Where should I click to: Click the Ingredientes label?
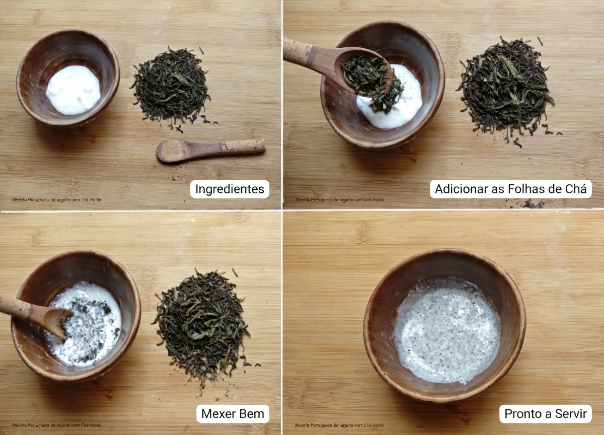(230, 189)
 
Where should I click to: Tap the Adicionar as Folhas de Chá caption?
(510, 189)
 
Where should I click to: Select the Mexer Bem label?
(233, 414)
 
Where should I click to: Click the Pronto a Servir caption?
(546, 414)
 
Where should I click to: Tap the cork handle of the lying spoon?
(244, 147)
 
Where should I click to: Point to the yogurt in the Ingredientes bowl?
(73, 90)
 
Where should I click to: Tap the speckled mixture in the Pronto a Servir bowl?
(447, 330)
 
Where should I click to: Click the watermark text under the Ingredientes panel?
(56, 199)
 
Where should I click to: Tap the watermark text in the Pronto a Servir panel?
(340, 425)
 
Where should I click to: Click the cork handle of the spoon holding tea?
(296, 50)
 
